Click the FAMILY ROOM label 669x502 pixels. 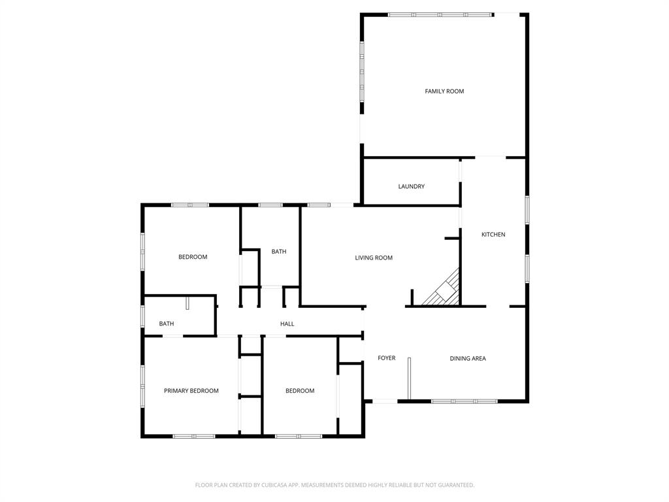[x=444, y=92]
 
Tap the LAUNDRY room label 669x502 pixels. [x=412, y=187]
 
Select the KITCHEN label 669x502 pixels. [x=493, y=235]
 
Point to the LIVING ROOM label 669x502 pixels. [x=374, y=258]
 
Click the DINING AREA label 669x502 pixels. [x=468, y=359]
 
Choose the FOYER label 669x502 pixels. [x=387, y=358]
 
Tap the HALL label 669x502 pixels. [x=287, y=324]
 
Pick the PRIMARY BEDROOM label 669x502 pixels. [x=191, y=391]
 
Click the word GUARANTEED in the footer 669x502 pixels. [x=457, y=485]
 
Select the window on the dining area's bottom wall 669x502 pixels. [x=464, y=401]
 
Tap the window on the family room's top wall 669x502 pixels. [x=440, y=14]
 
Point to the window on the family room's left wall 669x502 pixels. [x=361, y=72]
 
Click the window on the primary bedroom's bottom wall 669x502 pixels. [x=194, y=436]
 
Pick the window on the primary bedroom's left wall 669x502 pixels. [x=142, y=386]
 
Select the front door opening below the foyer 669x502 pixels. [x=385, y=401]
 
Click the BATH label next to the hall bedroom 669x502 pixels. [x=279, y=252]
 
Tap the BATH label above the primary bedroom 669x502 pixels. [x=167, y=324]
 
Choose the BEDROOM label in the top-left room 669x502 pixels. [x=193, y=257]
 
